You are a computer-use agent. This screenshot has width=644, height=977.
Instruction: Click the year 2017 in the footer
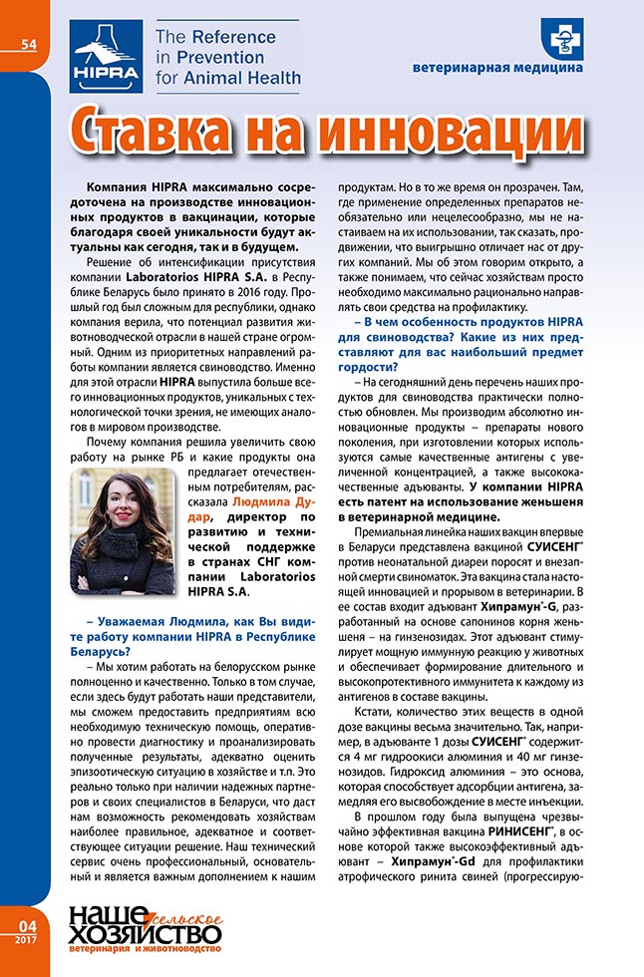26,939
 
